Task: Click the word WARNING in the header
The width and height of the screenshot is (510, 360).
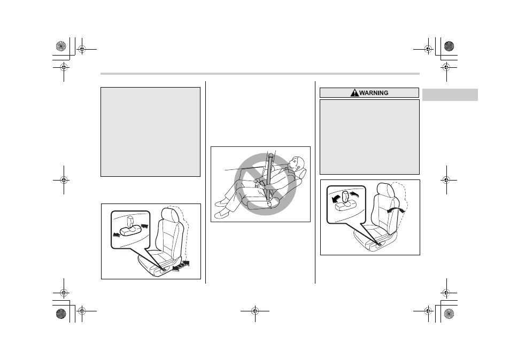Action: (374, 93)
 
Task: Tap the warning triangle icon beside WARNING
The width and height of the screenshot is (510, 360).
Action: (354, 93)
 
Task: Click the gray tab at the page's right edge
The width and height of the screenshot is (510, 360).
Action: (450, 95)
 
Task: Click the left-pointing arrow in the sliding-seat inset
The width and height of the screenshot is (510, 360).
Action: (116, 234)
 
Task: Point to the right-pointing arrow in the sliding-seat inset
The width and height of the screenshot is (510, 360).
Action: (144, 225)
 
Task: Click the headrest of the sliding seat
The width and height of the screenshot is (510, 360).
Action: (169, 215)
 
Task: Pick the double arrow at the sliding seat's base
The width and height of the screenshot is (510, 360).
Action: (181, 266)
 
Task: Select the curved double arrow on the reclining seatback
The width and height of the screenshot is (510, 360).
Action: (397, 210)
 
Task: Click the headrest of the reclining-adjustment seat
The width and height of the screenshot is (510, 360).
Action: (384, 190)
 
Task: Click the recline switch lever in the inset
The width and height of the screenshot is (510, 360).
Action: (345, 199)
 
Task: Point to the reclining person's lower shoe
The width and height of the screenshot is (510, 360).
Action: (221, 214)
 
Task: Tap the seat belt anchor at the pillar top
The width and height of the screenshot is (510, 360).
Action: (270, 156)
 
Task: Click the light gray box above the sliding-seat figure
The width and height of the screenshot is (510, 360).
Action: (150, 132)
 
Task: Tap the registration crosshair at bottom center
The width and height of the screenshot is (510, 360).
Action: (255, 311)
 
